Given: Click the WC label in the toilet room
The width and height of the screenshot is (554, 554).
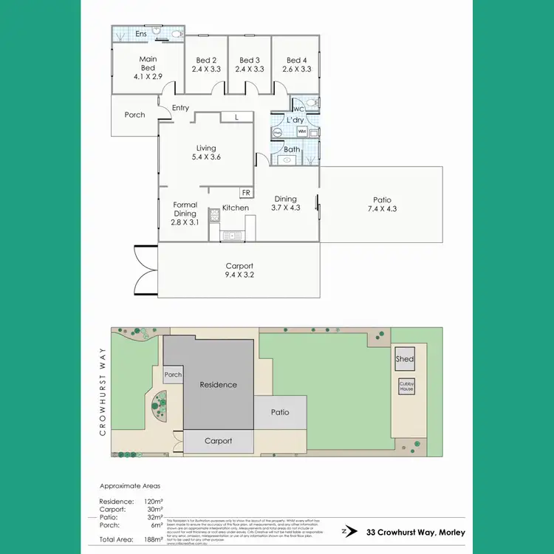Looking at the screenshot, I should (299, 109).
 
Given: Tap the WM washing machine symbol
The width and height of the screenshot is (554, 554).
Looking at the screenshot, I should (302, 132).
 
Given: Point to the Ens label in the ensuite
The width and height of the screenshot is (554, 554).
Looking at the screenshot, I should (140, 34).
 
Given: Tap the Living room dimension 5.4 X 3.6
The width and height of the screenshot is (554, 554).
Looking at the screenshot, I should (206, 157).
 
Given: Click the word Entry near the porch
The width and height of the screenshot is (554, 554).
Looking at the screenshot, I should (180, 108).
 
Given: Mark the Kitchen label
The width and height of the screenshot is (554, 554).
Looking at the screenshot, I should (236, 208).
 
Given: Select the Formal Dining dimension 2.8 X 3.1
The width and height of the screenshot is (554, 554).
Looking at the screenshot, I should (185, 222).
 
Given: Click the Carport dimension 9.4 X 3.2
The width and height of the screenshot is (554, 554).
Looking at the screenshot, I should (239, 276).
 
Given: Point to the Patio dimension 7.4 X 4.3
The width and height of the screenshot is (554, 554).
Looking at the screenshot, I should (382, 210).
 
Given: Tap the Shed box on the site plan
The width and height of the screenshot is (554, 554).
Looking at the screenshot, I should (405, 359).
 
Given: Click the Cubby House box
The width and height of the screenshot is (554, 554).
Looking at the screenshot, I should (406, 385).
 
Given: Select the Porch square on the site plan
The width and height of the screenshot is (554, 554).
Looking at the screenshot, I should (173, 375).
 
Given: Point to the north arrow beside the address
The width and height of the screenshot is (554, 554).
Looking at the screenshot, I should (345, 530).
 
